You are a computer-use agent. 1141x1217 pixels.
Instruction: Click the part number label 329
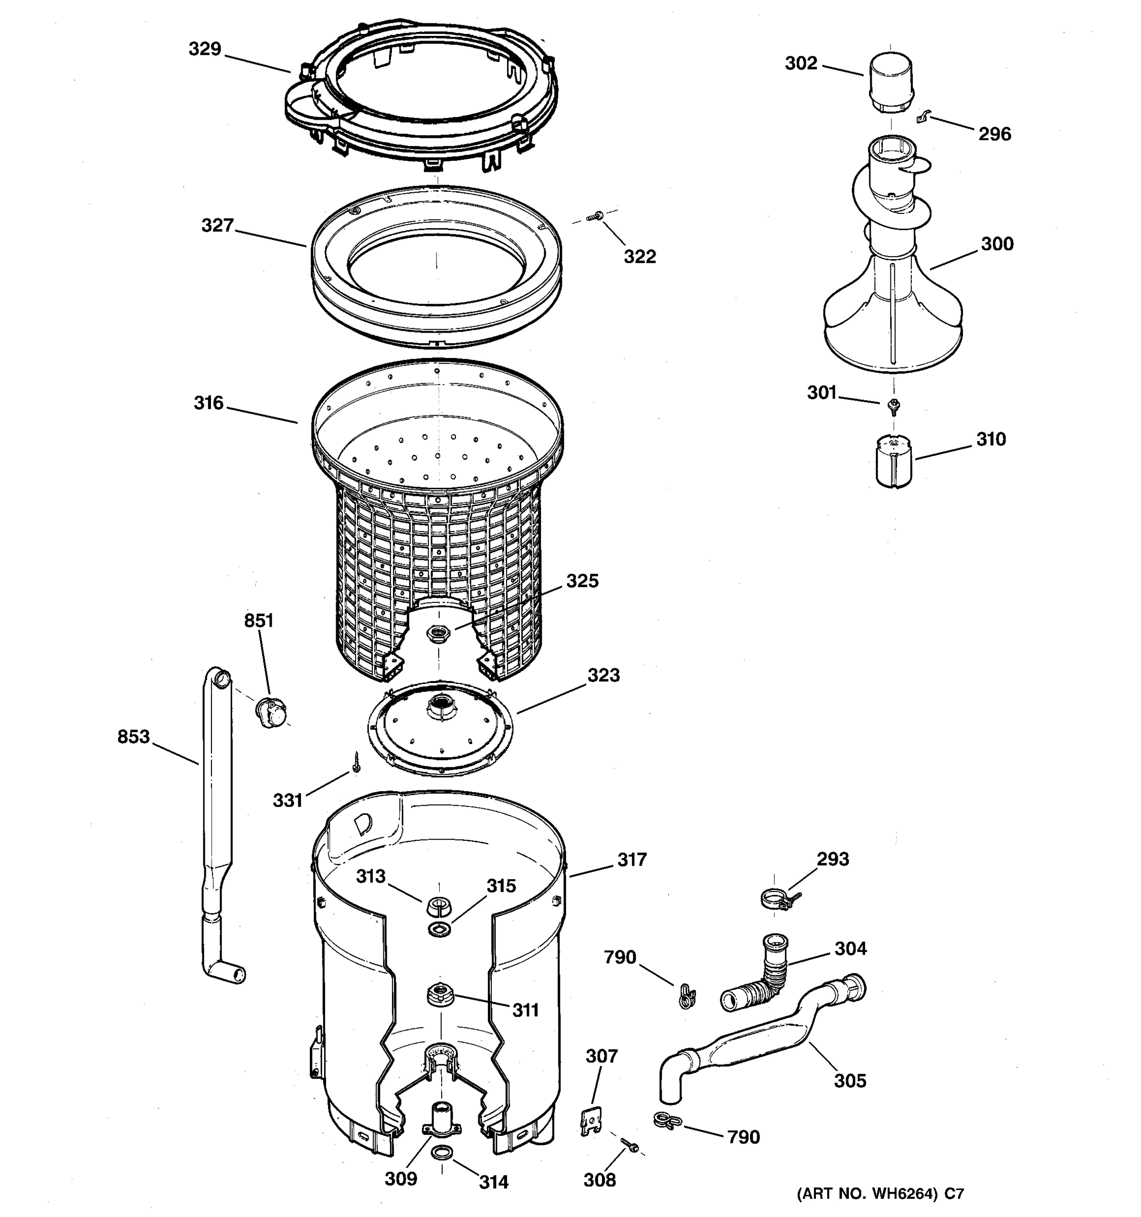pyautogui.click(x=204, y=49)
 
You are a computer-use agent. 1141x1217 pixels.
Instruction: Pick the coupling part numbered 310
pyautogui.click(x=894, y=460)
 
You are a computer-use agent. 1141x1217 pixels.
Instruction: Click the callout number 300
pyautogui.click(x=997, y=243)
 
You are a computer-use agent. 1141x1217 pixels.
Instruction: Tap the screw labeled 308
pyautogui.click(x=629, y=1143)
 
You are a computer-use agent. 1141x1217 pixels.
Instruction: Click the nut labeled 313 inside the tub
pyautogui.click(x=439, y=904)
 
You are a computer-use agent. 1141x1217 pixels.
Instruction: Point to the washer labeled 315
pyautogui.click(x=440, y=929)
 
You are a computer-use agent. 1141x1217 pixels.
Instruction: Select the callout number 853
pyautogui.click(x=133, y=736)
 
